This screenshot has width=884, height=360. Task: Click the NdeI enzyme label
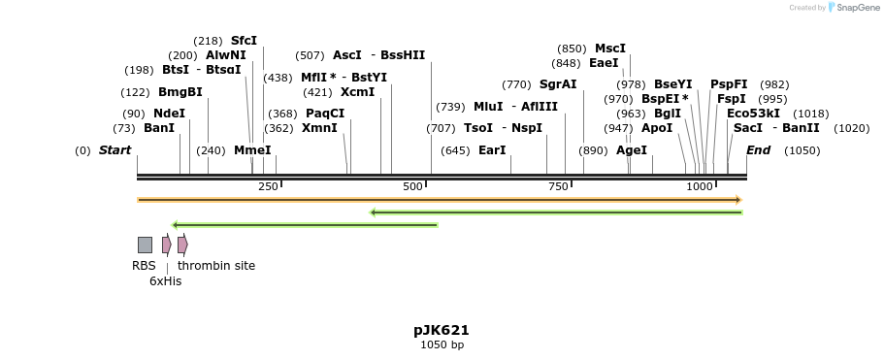coord(169,114)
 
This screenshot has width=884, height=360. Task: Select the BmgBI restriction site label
coord(180,92)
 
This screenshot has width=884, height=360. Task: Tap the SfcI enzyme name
coord(244,41)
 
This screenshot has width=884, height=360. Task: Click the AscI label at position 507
coord(346,55)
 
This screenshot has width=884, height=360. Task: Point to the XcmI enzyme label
coord(357,92)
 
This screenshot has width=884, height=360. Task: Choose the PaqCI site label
coord(324,114)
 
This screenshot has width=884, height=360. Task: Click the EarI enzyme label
coord(493,150)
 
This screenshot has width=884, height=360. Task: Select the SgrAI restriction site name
coord(558,84)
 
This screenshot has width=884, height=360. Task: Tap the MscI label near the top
coord(610,49)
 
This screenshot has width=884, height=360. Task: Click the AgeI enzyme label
coord(632,150)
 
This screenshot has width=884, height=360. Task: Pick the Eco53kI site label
coord(753,114)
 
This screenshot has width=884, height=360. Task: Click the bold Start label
coord(115,150)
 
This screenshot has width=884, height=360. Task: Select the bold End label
coord(758,150)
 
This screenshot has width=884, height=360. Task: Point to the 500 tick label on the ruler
coord(413,185)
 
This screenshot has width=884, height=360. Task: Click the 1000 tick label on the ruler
coord(699,185)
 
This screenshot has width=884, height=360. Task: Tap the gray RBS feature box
coord(145,245)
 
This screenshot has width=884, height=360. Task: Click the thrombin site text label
coord(216,265)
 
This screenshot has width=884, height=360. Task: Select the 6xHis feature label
coord(165,281)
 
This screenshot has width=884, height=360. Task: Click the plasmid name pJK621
coord(442,330)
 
